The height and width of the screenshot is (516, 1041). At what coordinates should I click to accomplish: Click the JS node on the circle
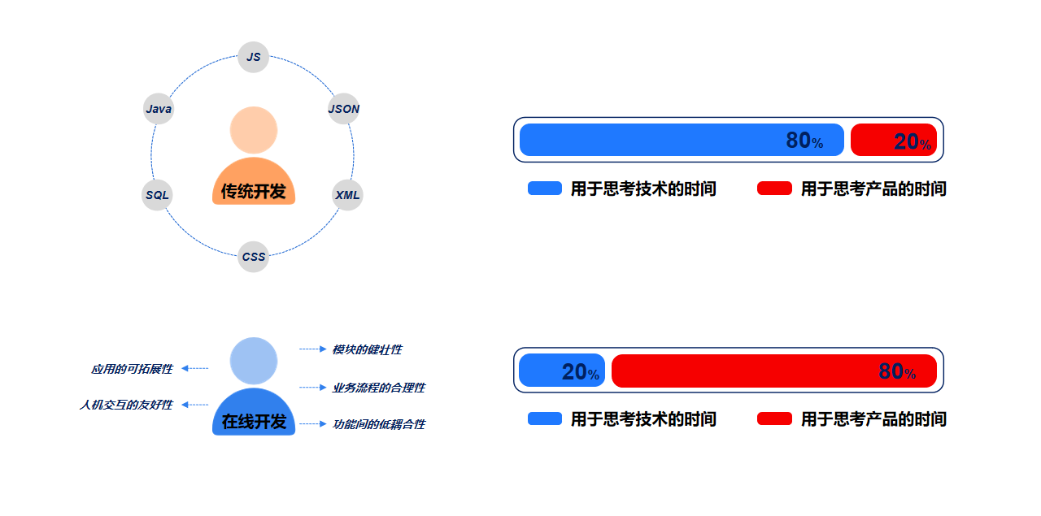click(x=254, y=57)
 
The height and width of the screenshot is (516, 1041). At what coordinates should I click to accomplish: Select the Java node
click(x=159, y=109)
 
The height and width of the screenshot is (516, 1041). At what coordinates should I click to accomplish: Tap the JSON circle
click(x=343, y=109)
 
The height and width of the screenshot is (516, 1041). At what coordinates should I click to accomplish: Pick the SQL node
click(x=157, y=195)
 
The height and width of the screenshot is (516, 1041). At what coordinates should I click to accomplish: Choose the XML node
click(x=347, y=195)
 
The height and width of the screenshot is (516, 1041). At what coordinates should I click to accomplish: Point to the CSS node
click(x=253, y=257)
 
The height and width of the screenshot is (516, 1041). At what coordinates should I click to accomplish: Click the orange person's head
click(x=254, y=130)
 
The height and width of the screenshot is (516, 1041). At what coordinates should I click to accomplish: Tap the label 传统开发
click(x=254, y=192)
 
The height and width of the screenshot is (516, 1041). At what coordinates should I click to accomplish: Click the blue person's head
click(x=254, y=361)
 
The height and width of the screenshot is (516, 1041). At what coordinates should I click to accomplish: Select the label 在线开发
click(x=254, y=422)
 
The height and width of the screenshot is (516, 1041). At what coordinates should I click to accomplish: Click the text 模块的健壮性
click(x=367, y=349)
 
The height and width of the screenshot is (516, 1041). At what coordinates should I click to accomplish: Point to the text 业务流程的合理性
click(x=378, y=388)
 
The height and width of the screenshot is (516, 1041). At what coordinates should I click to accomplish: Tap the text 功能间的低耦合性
click(x=378, y=424)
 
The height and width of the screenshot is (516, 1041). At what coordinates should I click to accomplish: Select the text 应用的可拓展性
click(x=132, y=369)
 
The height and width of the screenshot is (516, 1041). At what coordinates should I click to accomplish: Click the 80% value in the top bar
click(x=804, y=141)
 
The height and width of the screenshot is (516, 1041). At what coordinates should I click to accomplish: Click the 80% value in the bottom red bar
click(x=897, y=371)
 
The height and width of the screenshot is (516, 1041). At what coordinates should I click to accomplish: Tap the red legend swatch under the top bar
click(x=774, y=189)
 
